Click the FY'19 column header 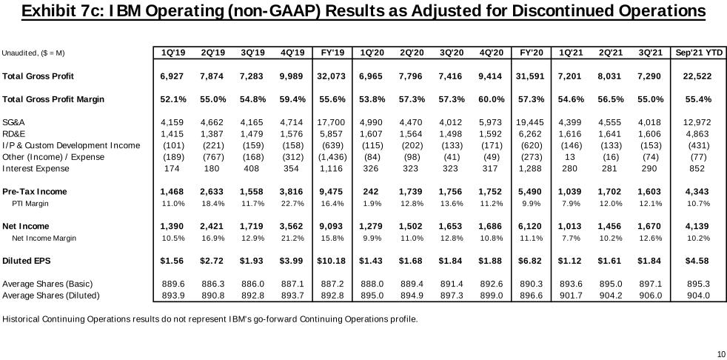332,53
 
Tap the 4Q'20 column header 491,53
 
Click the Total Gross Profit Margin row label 53,99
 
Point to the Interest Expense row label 36,168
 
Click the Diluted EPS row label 27,261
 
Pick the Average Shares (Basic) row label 48,284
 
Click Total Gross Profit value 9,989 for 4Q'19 292,76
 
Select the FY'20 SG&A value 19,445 531,122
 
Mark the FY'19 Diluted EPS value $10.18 332,261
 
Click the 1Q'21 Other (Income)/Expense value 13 570,157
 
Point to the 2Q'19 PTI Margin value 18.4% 212,203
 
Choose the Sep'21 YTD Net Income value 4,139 697,226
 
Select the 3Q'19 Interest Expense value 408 252,168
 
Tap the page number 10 720,353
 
